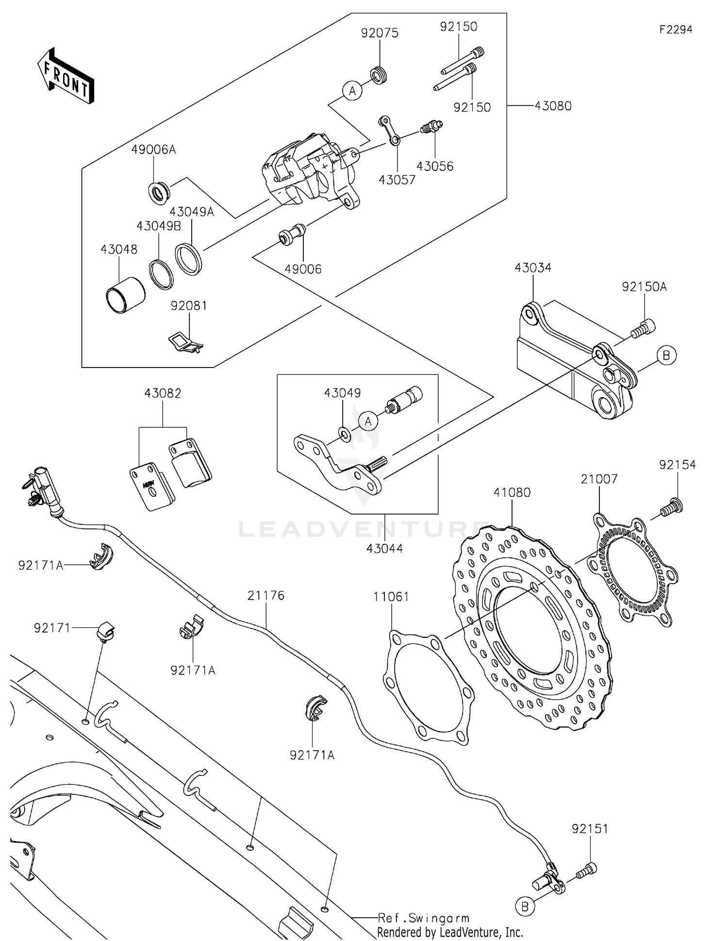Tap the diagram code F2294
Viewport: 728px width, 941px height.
[x=676, y=30]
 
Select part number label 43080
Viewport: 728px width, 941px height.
[x=553, y=106]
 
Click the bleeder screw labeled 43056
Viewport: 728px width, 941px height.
[x=430, y=128]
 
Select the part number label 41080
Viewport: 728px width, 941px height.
[x=512, y=492]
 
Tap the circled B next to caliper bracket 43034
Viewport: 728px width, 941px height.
[x=666, y=355]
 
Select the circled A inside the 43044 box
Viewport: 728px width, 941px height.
[x=368, y=421]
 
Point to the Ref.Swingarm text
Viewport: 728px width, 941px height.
[x=424, y=918]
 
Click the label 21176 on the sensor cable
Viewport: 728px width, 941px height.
[x=266, y=595]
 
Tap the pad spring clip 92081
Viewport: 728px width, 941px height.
[x=184, y=341]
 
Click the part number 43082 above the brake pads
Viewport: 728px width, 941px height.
[x=163, y=393]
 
